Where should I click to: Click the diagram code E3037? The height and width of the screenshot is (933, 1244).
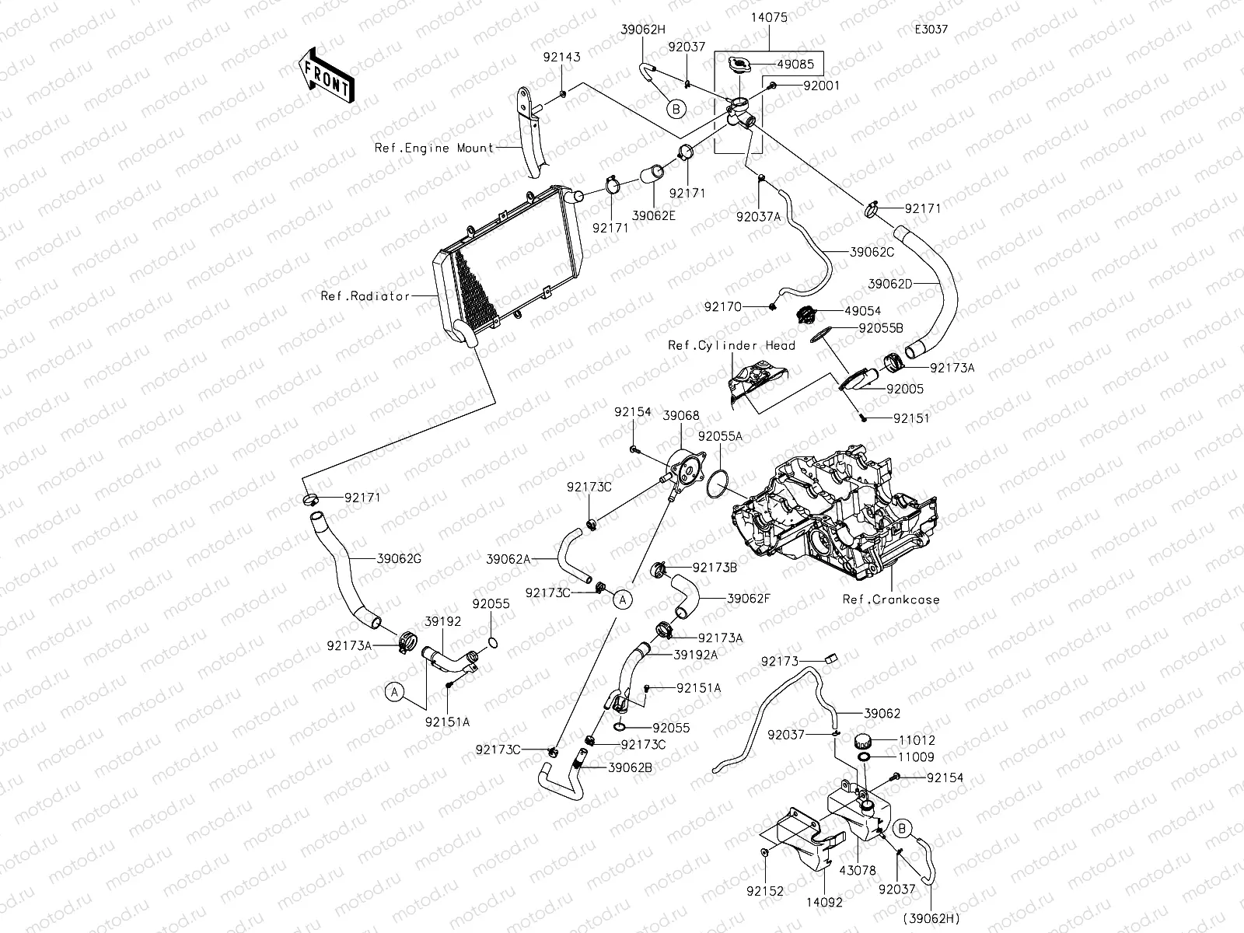pyautogui.click(x=932, y=30)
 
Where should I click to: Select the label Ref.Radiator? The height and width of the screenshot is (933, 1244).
pyautogui.click(x=365, y=296)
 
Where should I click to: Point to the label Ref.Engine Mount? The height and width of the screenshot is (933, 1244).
pyautogui.click(x=434, y=148)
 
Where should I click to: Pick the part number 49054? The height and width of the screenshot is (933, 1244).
pyautogui.click(x=862, y=311)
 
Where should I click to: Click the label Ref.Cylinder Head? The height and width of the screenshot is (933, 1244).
pyautogui.click(x=731, y=346)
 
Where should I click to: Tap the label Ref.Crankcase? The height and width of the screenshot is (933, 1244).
pyautogui.click(x=891, y=599)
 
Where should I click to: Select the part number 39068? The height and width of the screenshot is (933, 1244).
pyautogui.click(x=680, y=416)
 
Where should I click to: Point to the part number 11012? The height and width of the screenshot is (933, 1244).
pyautogui.click(x=916, y=741)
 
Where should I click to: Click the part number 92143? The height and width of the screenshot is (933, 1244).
pyautogui.click(x=561, y=58)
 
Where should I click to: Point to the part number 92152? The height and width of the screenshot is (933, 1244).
pyautogui.click(x=765, y=892)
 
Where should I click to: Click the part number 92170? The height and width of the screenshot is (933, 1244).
pyautogui.click(x=723, y=307)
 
